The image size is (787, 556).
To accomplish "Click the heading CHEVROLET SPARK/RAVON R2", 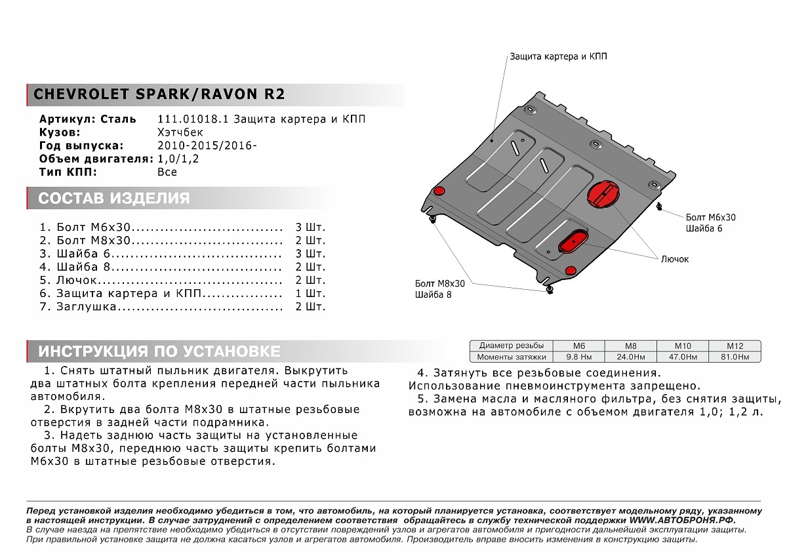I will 159,94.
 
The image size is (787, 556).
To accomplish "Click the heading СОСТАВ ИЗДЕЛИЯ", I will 113,199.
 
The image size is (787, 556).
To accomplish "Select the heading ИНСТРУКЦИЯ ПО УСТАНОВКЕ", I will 159,351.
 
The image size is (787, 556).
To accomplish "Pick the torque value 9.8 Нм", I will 579,357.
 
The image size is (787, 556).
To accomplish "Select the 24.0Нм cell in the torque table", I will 630,357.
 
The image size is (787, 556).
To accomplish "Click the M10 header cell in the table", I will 683,346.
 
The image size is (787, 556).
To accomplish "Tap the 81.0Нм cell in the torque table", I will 734,357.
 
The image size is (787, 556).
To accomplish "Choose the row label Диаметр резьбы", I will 512,346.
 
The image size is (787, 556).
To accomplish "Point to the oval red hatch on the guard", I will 573,241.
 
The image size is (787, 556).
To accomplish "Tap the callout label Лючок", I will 675,259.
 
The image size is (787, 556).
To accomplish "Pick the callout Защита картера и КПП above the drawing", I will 558,57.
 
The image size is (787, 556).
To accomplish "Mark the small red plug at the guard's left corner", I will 439,191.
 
